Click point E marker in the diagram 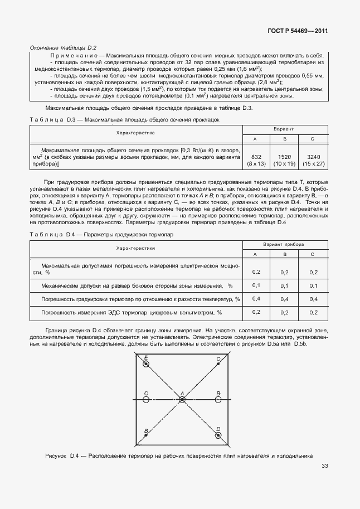(146, 364)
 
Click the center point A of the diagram (182, 400)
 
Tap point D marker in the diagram (218, 435)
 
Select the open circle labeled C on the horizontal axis (146, 400)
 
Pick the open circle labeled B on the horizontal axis (218, 400)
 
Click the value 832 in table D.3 (256, 157)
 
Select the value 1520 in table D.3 (284, 157)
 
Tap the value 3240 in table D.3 (313, 157)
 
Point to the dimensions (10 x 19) (284, 164)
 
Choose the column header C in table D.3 (313, 139)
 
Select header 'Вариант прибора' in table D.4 (284, 245)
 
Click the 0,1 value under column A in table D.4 (256, 285)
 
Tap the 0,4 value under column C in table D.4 (313, 299)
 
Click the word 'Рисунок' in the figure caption (56, 456)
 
